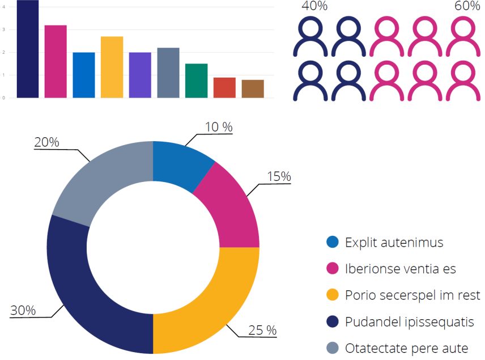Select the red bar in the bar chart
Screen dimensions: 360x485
point(224,87)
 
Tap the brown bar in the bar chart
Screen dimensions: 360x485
point(253,88)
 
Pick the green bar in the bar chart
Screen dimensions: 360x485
point(196,81)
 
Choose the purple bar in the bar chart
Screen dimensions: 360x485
point(140,75)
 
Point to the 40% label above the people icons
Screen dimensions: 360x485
point(314,6)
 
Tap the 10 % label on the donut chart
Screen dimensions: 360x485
point(219,127)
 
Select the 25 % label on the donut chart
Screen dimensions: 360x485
point(262,330)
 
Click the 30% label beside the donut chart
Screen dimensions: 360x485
point(23,311)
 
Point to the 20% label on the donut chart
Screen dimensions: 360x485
point(46,143)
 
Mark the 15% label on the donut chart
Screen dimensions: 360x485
point(279,177)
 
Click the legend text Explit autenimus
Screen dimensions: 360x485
point(394,243)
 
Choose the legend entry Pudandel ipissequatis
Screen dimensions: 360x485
point(409,322)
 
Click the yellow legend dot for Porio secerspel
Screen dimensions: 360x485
point(333,295)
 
